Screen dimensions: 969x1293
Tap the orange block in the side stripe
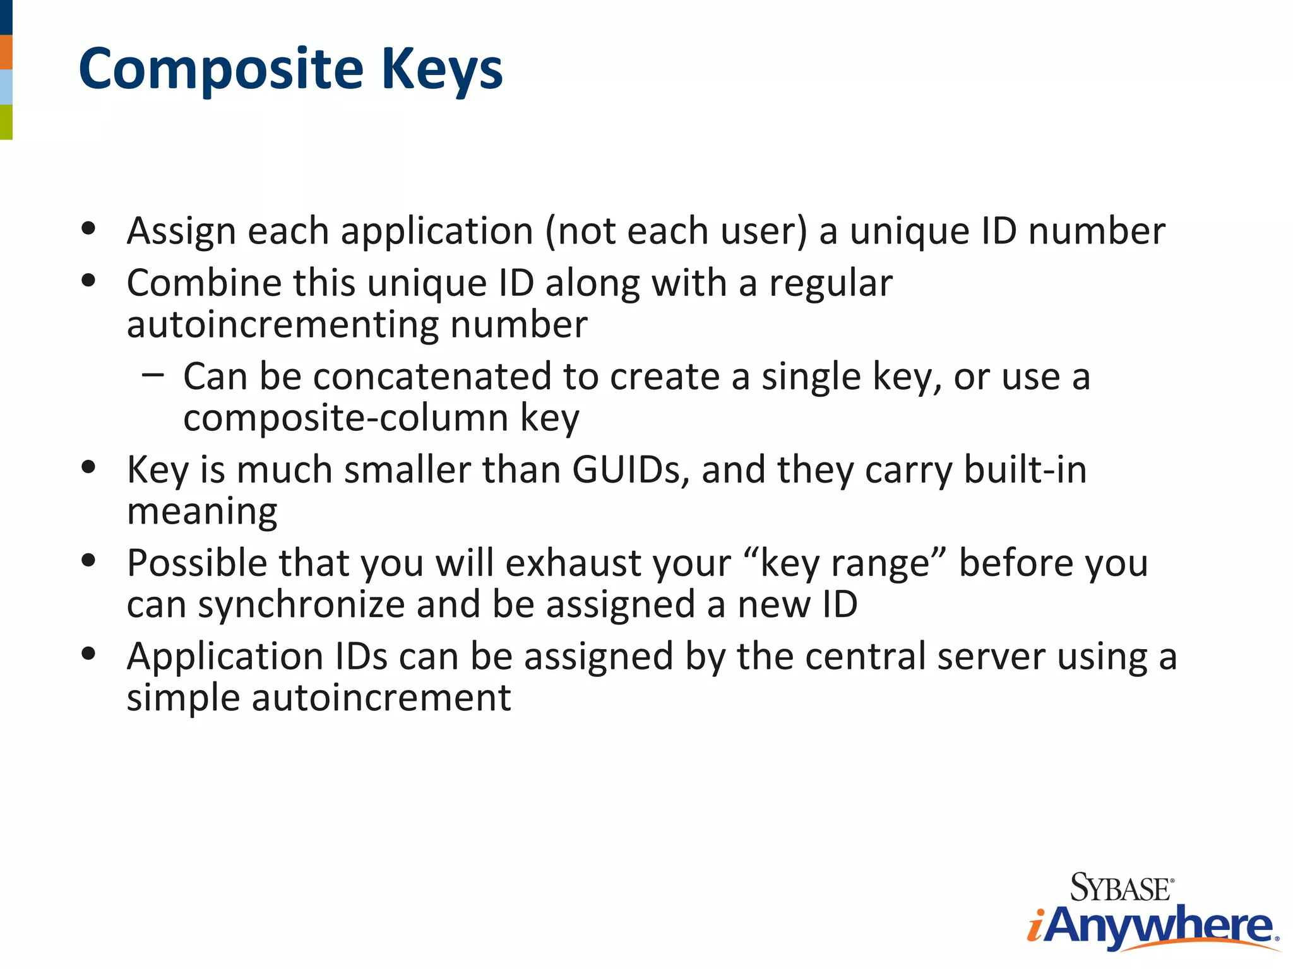(6, 52)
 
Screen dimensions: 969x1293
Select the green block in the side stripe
(6, 122)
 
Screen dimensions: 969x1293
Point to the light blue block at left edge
(6, 87)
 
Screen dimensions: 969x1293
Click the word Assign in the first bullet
(181, 232)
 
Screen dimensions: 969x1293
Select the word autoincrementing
(283, 325)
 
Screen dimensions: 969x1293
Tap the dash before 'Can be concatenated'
(153, 375)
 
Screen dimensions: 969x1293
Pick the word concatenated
(432, 377)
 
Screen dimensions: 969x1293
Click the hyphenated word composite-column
(345, 418)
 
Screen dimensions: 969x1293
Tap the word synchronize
(301, 605)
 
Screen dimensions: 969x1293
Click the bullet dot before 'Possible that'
(88, 559)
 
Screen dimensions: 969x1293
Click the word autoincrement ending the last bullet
(381, 698)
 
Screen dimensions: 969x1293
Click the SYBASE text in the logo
(1121, 888)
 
